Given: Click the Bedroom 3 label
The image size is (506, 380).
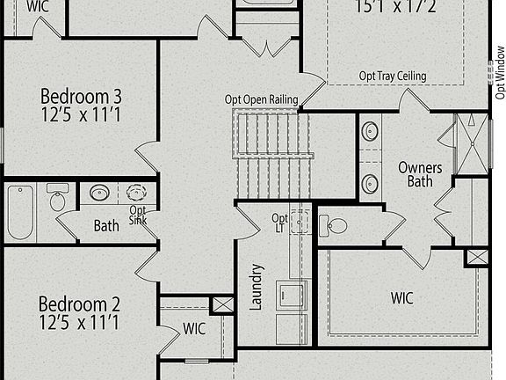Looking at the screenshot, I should click(x=79, y=104).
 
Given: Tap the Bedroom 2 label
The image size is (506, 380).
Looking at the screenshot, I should click(x=79, y=313).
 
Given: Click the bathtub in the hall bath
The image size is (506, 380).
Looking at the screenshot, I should click(x=19, y=211).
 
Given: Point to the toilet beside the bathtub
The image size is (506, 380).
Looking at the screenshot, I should click(x=58, y=198).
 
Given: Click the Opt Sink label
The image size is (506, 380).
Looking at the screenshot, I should click(x=138, y=216).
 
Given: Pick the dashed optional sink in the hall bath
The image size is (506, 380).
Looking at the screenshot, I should click(x=137, y=194).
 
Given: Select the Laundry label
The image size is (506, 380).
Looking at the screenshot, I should click(x=257, y=287).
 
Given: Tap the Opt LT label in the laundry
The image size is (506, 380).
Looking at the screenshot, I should click(x=279, y=223).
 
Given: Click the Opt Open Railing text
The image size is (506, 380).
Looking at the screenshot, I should click(x=261, y=99).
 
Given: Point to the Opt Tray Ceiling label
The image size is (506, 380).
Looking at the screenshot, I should click(x=393, y=77).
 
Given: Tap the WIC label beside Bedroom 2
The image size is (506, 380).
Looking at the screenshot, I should click(x=194, y=329).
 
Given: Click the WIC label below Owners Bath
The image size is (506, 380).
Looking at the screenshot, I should click(x=401, y=297).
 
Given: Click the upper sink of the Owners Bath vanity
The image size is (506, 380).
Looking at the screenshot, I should click(x=370, y=134).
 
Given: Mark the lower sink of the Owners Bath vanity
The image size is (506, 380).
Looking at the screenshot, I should click(x=370, y=182).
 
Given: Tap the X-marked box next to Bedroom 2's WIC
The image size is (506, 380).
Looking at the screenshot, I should click(x=223, y=305).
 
